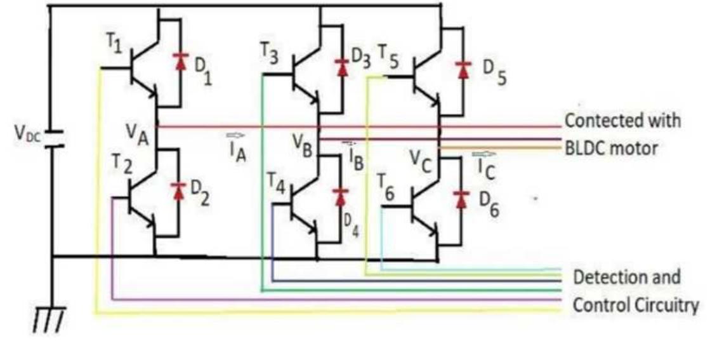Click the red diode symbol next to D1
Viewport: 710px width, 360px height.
[x=181, y=62]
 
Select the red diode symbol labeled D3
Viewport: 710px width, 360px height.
[x=343, y=66]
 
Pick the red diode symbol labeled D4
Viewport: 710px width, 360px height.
[x=343, y=194]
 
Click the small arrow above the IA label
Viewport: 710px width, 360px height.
[x=233, y=135]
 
